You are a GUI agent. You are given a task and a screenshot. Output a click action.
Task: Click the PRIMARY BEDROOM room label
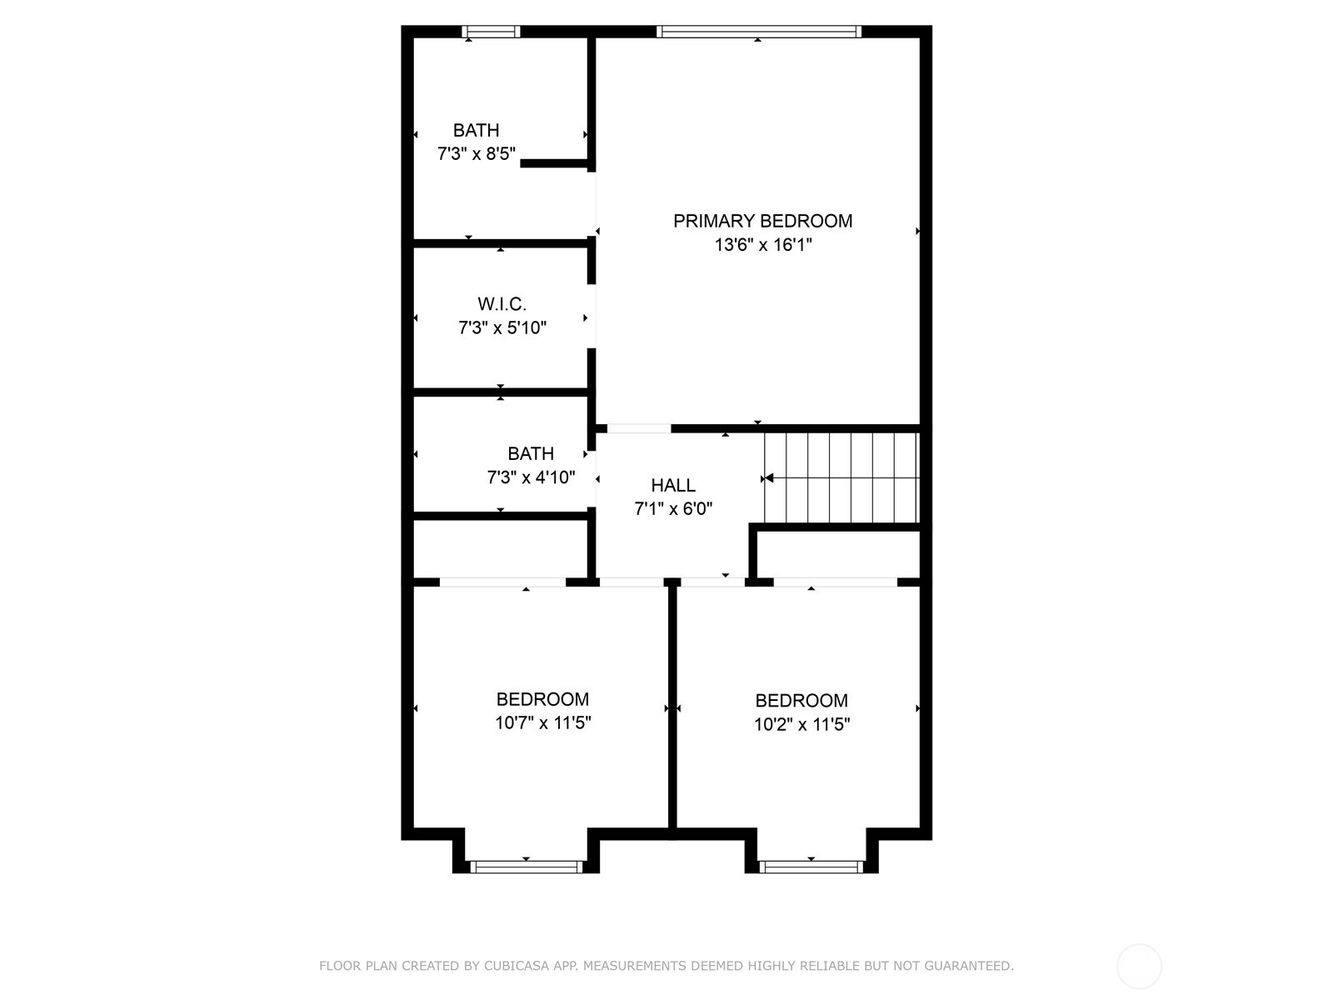[762, 221]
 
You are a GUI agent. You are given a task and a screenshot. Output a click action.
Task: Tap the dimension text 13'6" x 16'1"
[763, 245]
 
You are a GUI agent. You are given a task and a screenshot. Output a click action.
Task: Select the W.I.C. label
[502, 303]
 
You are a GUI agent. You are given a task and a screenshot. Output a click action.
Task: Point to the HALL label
[673, 485]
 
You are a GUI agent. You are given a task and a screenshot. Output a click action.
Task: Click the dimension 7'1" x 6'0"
[673, 508]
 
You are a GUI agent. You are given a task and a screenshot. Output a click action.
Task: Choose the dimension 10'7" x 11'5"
[542, 722]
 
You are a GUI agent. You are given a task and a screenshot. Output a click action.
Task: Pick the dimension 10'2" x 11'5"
[801, 723]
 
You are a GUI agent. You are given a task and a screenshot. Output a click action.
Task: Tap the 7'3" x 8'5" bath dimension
[476, 153]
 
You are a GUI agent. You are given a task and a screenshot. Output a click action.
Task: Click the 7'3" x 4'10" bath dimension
[531, 477]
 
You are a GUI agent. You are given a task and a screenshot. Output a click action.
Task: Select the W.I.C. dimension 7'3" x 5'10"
[502, 327]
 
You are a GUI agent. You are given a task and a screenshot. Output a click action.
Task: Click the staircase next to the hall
[841, 477]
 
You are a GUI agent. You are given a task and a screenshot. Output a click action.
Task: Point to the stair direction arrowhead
[768, 478]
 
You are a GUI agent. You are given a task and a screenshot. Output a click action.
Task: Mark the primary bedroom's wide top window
[758, 32]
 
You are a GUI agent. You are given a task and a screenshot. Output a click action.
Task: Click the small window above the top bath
[491, 32]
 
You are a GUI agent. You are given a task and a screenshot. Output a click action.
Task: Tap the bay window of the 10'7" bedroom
[527, 867]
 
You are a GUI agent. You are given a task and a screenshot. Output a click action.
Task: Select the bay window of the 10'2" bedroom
[811, 867]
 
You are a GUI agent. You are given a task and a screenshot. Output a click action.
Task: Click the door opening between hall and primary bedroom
[639, 428]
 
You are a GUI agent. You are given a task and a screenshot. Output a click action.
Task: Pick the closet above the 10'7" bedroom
[500, 549]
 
